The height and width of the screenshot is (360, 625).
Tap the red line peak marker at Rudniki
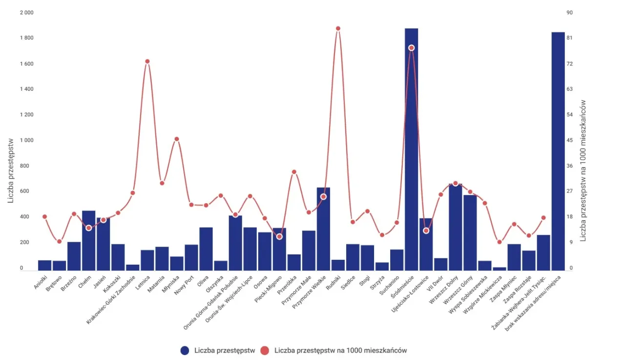point(338,28)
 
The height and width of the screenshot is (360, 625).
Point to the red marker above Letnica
point(147,61)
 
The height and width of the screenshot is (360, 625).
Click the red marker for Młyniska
point(177,139)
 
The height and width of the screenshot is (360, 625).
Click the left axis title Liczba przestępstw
point(11,169)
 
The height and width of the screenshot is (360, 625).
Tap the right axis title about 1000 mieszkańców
point(583,170)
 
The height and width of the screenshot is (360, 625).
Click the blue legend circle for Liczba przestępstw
point(185,350)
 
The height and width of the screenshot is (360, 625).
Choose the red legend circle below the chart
point(265,350)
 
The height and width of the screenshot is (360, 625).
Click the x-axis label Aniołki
point(42,282)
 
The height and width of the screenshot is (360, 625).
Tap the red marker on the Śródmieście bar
point(411,48)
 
